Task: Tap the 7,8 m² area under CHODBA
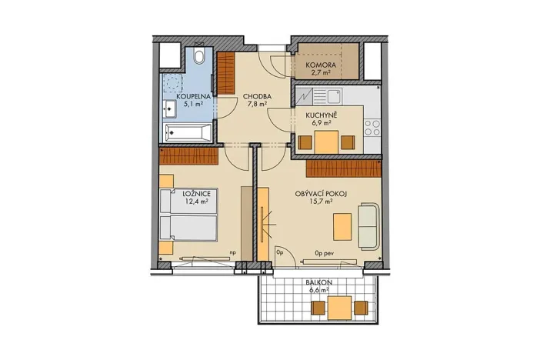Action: (x=255, y=105)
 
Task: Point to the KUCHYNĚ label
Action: (x=318, y=114)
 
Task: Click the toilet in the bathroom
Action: (x=200, y=55)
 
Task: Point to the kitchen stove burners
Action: (x=373, y=125)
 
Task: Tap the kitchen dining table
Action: (x=326, y=142)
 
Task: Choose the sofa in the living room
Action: (x=368, y=225)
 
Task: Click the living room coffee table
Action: (x=342, y=227)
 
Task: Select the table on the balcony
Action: (x=339, y=308)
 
